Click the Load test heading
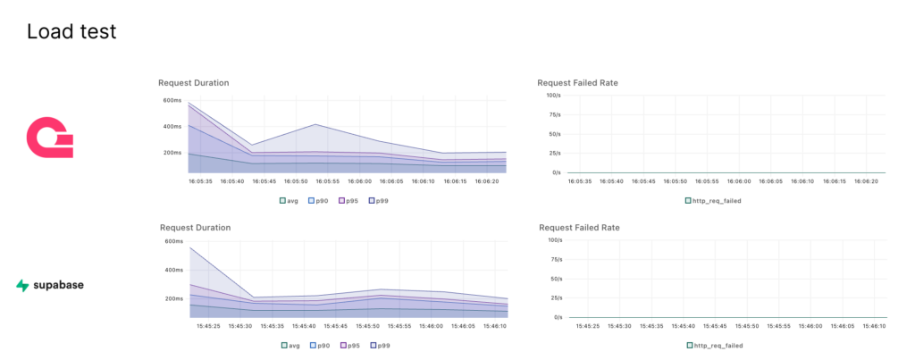71,32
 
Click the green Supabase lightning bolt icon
22,286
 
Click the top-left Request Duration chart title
193,83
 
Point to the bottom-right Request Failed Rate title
578,228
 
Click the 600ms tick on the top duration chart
172,100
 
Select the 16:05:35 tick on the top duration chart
200,181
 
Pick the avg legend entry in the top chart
291,201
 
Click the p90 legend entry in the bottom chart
321,345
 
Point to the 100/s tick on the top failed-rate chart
553,95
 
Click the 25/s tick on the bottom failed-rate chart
555,297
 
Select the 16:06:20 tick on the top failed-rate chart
863,181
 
